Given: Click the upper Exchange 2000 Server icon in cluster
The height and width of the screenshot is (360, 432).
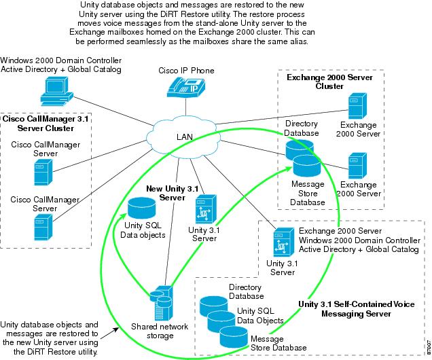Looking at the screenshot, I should pos(355,107).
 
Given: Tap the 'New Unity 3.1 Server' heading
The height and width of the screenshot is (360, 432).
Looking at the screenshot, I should pos(171,192).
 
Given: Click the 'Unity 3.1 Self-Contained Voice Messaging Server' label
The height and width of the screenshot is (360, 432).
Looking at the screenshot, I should pos(365,310).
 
